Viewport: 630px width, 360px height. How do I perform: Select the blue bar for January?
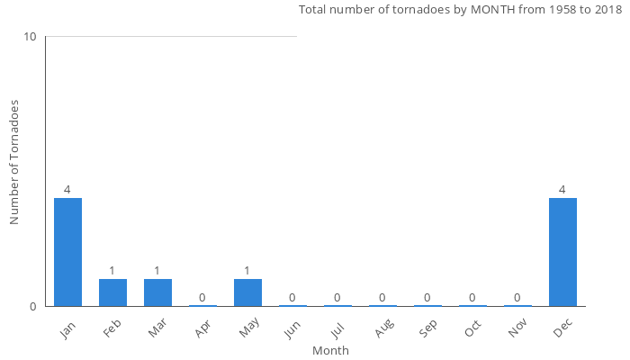[67, 252]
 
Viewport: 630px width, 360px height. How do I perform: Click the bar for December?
[562, 252]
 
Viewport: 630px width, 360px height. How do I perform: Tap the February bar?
[112, 292]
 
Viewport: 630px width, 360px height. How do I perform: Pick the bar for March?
[157, 292]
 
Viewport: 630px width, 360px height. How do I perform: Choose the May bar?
[247, 292]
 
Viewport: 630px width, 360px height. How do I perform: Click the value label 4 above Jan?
[67, 190]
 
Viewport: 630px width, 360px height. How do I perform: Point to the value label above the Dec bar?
[562, 190]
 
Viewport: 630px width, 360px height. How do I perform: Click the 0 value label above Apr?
[202, 298]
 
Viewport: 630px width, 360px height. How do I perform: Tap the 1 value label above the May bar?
[247, 271]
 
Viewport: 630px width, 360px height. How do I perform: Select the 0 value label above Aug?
[382, 298]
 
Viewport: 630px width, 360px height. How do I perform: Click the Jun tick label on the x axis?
[292, 329]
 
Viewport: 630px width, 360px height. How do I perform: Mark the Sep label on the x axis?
[427, 329]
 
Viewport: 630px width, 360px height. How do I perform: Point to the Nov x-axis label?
[517, 329]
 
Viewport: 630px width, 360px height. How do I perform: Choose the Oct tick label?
[472, 329]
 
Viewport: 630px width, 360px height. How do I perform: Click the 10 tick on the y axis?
[30, 37]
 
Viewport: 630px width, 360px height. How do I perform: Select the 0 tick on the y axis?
[32, 307]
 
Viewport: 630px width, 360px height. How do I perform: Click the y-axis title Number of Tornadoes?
[14, 162]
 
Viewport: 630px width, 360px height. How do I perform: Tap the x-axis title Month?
[330, 351]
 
